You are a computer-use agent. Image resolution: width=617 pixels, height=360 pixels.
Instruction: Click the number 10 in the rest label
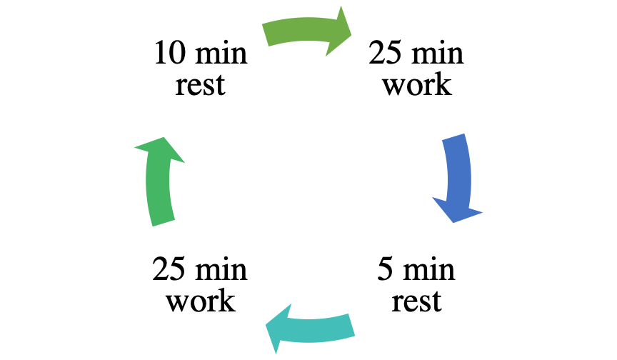169,52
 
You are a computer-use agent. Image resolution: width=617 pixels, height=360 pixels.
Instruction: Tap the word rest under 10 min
200,85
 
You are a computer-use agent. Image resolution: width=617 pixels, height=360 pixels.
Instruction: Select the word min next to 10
221,53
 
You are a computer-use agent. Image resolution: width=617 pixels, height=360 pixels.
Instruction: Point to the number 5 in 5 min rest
385,269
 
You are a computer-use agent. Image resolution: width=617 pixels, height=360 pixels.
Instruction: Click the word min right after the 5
429,269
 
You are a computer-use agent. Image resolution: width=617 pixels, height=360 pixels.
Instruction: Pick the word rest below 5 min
416,301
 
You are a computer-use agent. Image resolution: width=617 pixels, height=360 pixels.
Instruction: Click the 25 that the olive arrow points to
385,52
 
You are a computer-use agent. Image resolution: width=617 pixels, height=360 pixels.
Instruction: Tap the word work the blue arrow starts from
417,85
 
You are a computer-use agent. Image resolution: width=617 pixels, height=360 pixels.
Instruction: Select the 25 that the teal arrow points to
169,269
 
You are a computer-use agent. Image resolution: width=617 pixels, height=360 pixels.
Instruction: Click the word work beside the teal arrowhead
201,301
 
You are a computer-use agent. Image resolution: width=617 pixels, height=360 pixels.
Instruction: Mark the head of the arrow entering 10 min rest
163,138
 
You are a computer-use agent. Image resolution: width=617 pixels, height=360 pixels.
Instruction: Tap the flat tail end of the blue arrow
453,137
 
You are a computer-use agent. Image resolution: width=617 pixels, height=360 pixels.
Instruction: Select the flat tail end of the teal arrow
352,325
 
